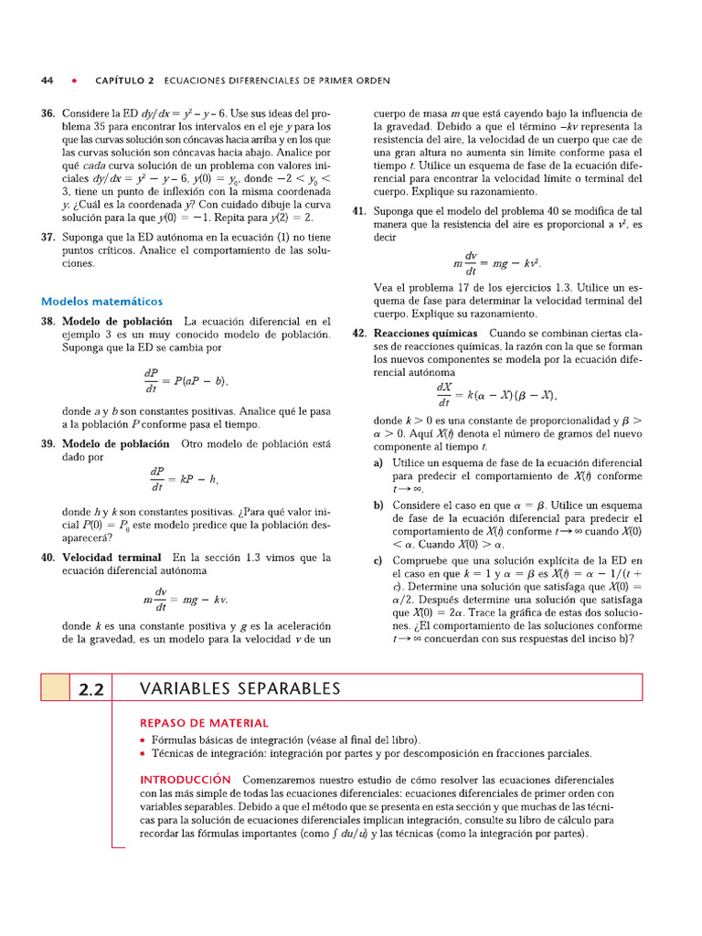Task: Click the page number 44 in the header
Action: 48,80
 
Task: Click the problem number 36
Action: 48,114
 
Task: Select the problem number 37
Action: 48,237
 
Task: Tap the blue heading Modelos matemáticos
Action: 101,301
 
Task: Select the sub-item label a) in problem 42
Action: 379,463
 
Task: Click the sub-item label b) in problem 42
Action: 379,505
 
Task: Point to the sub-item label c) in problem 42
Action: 379,559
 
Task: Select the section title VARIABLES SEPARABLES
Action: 239,688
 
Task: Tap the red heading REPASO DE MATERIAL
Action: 204,722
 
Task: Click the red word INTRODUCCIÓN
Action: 186,780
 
